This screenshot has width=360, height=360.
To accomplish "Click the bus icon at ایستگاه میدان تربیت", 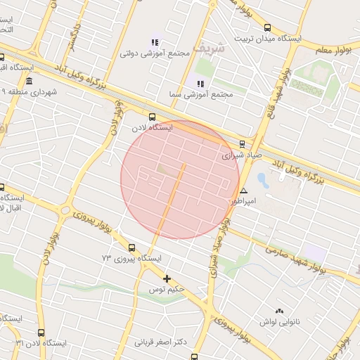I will point(266,28).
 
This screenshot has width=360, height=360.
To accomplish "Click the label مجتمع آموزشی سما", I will point(200,94).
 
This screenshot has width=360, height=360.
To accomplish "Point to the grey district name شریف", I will point(210,48).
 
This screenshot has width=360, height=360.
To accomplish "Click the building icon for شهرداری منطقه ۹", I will point(29,82).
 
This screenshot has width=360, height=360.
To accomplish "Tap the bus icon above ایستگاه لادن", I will point(153,117).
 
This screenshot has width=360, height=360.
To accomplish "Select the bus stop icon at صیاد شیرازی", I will point(242,143).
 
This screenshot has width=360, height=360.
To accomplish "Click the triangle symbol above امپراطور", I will point(243,191).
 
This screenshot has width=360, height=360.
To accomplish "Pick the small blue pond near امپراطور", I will point(263,180).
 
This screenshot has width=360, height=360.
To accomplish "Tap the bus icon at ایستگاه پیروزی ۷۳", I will point(132,247).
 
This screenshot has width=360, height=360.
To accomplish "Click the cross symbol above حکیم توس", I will point(167,278).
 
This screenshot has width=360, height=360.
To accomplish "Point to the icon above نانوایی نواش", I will point(279,310).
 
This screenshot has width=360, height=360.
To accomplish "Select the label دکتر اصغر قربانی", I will point(162,342).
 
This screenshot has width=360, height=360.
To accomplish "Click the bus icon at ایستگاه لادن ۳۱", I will point(41,333).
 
